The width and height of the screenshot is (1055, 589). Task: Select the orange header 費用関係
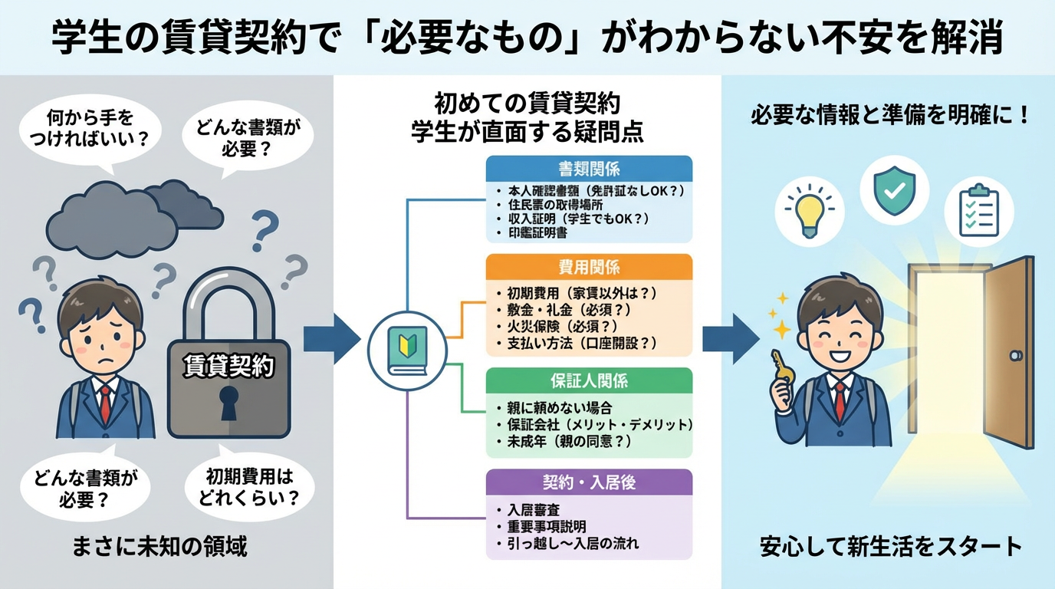(x=589, y=267)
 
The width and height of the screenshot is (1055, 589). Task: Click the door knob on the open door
(x=1015, y=356)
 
